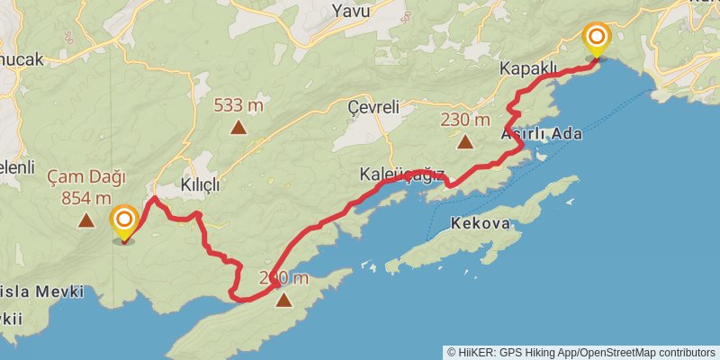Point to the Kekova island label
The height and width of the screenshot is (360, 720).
coord(481,224)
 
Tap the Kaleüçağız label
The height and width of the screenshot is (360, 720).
coord(401,175)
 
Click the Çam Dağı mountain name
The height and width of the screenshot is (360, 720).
coord(86,176)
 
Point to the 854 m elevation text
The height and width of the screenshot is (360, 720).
coord(86,198)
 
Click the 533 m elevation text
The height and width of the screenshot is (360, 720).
coord(238,105)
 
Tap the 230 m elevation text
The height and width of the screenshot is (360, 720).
coord(465,120)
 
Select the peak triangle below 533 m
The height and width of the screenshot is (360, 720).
coord(238,127)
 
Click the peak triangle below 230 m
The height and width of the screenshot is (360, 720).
coord(465,141)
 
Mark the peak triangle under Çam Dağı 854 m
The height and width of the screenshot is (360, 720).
coord(86,220)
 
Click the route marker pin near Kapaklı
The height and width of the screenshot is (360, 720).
coord(597,40)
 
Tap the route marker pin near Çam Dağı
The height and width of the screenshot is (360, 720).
coord(123,222)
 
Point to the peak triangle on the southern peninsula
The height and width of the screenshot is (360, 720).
coord(283,301)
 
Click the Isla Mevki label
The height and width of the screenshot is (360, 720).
coord(43,292)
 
